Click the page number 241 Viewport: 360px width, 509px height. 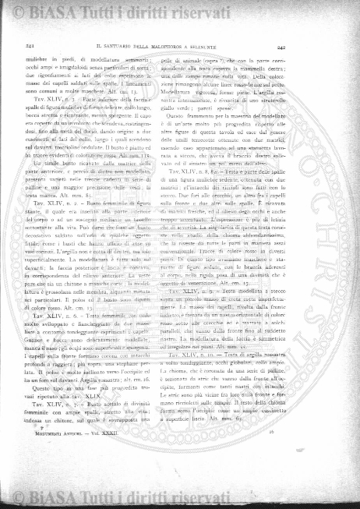pyautogui.click(x=17, y=46)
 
